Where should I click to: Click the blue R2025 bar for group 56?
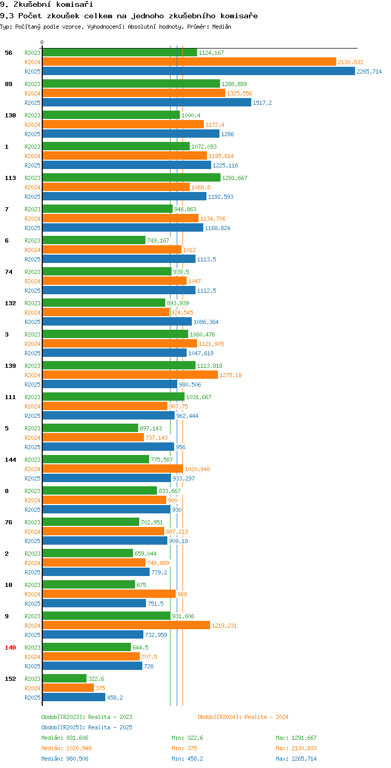point(198,71)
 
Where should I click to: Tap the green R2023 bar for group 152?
point(64,679)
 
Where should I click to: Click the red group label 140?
point(10,647)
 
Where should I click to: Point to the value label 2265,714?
point(369,71)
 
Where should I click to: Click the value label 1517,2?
point(262,103)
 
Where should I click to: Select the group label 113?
point(10,178)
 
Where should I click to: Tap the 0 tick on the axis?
point(42,42)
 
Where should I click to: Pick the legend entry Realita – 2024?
point(243,717)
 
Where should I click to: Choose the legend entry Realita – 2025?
point(87,727)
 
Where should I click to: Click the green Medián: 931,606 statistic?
point(65,738)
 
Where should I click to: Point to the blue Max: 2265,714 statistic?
point(296,759)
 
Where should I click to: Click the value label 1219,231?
point(224,626)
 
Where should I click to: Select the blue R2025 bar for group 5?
point(108,447)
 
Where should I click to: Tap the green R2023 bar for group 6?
point(94,241)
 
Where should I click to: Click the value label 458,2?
point(115,698)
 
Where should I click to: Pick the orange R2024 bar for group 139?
point(130,375)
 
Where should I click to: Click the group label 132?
point(10,303)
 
